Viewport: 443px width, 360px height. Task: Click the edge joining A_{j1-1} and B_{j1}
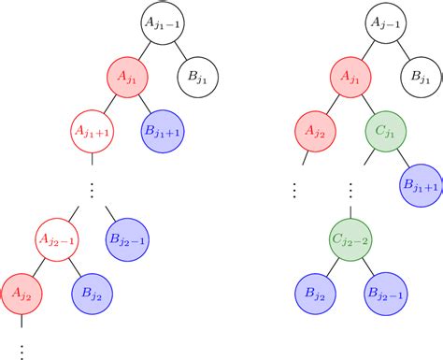179,48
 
